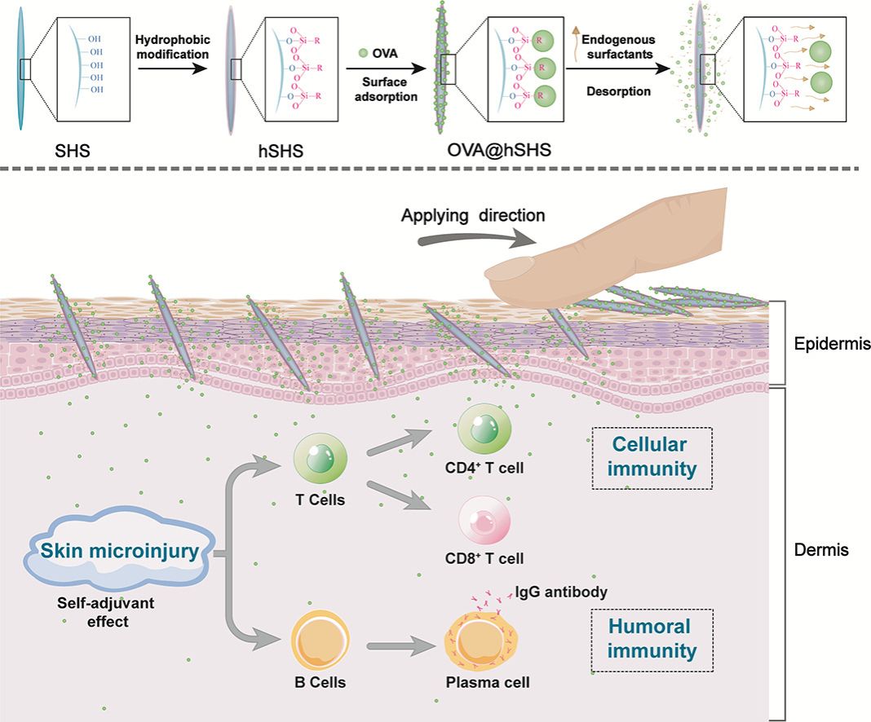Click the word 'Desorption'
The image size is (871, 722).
[618, 91]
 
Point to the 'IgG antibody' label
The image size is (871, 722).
[560, 592]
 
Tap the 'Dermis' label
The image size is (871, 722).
[821, 550]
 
